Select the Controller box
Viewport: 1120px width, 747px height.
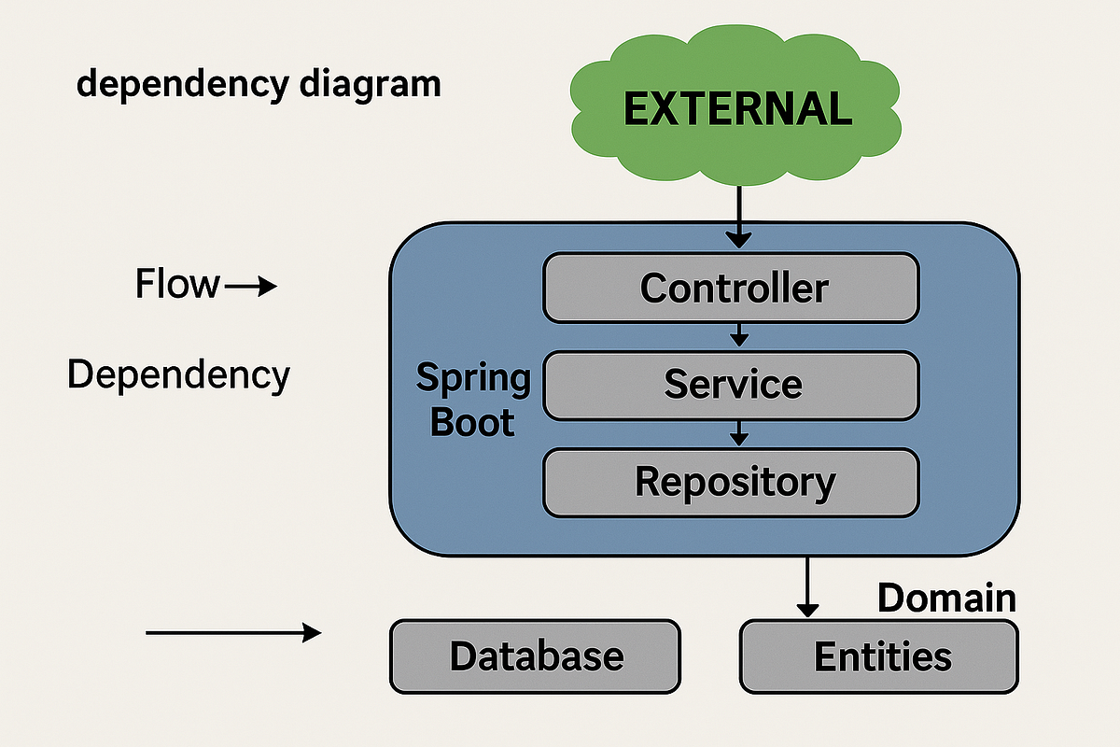(x=732, y=288)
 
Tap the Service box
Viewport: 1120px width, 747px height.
(x=732, y=385)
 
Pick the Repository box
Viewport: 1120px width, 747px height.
(x=732, y=483)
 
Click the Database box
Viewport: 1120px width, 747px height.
(x=535, y=656)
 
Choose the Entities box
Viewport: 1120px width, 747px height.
(x=879, y=656)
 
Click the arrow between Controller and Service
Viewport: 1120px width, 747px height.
(x=738, y=333)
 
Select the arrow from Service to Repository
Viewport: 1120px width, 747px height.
(x=738, y=431)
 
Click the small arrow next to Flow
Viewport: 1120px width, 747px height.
(x=251, y=287)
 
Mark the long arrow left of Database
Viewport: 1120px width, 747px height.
(x=233, y=634)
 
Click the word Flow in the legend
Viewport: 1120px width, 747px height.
(x=177, y=284)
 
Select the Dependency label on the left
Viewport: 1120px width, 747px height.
(x=178, y=375)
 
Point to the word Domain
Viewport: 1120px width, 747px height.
(x=946, y=598)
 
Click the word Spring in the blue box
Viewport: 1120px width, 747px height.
(x=473, y=379)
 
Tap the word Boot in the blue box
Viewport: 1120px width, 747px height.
(x=471, y=422)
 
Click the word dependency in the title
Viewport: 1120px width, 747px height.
(x=183, y=85)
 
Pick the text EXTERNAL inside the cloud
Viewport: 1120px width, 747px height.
(x=737, y=109)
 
